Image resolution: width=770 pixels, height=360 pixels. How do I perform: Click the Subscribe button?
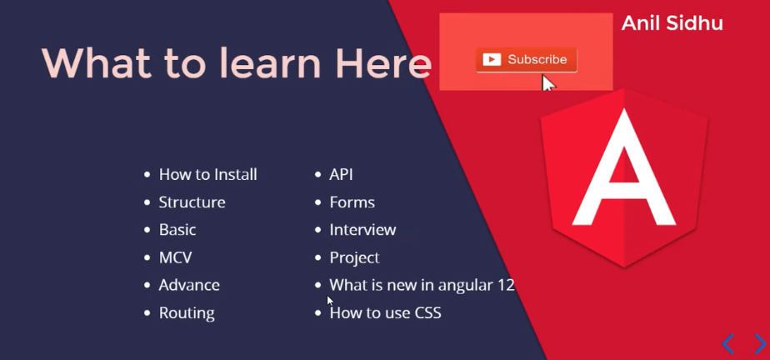527,60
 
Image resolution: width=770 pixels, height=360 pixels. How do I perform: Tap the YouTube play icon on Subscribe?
492,60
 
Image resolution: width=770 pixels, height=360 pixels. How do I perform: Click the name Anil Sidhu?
672,23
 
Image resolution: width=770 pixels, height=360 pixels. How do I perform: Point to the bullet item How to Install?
207,174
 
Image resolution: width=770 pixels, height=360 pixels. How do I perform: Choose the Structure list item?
192,202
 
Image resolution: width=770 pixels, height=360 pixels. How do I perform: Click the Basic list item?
177,230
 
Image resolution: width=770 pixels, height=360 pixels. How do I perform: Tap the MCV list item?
175,257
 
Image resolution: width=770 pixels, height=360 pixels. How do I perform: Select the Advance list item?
189,285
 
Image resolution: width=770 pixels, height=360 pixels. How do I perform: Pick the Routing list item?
187,313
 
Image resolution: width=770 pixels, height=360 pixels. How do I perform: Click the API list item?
341,175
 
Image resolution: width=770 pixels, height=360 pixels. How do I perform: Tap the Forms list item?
352,202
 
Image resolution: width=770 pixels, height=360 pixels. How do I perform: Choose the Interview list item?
362,230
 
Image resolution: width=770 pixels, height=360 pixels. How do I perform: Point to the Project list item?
354,257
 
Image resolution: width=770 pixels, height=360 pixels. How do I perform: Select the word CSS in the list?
428,312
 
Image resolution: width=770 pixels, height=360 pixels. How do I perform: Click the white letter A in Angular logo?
624,167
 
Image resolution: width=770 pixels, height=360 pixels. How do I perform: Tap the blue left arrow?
728,344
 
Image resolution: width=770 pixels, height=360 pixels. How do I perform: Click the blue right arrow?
760,344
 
